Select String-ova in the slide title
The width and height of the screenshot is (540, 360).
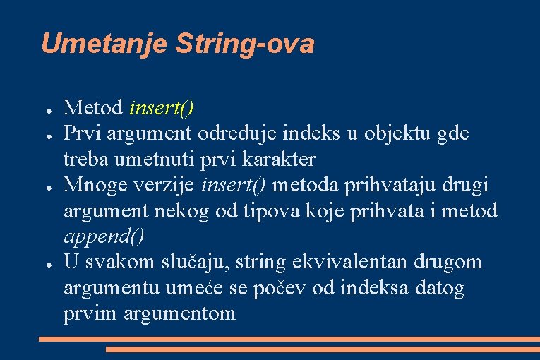coord(244,44)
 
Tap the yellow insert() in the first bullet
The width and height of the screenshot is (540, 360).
coord(162,107)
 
